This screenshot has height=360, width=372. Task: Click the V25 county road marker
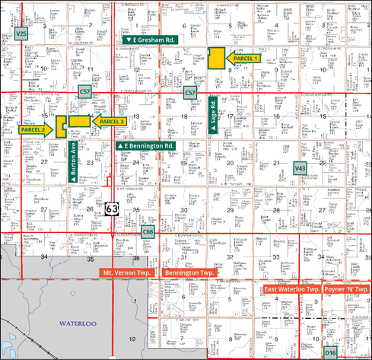point(21,34)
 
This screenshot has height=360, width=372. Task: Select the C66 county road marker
point(149,231)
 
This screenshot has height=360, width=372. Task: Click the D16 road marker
point(330,352)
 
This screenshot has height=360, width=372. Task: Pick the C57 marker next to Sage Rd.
point(191,93)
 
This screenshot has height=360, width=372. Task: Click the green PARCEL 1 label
point(245,58)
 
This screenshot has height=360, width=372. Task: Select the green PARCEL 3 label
point(110,121)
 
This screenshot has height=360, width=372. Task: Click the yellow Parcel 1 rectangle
point(216,58)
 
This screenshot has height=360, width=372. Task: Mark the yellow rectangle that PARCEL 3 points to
point(78,121)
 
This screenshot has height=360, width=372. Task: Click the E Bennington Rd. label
point(146,145)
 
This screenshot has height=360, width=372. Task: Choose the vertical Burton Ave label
point(74,161)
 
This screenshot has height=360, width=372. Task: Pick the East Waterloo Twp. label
point(291,290)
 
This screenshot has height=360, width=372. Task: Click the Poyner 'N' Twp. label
point(346,290)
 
